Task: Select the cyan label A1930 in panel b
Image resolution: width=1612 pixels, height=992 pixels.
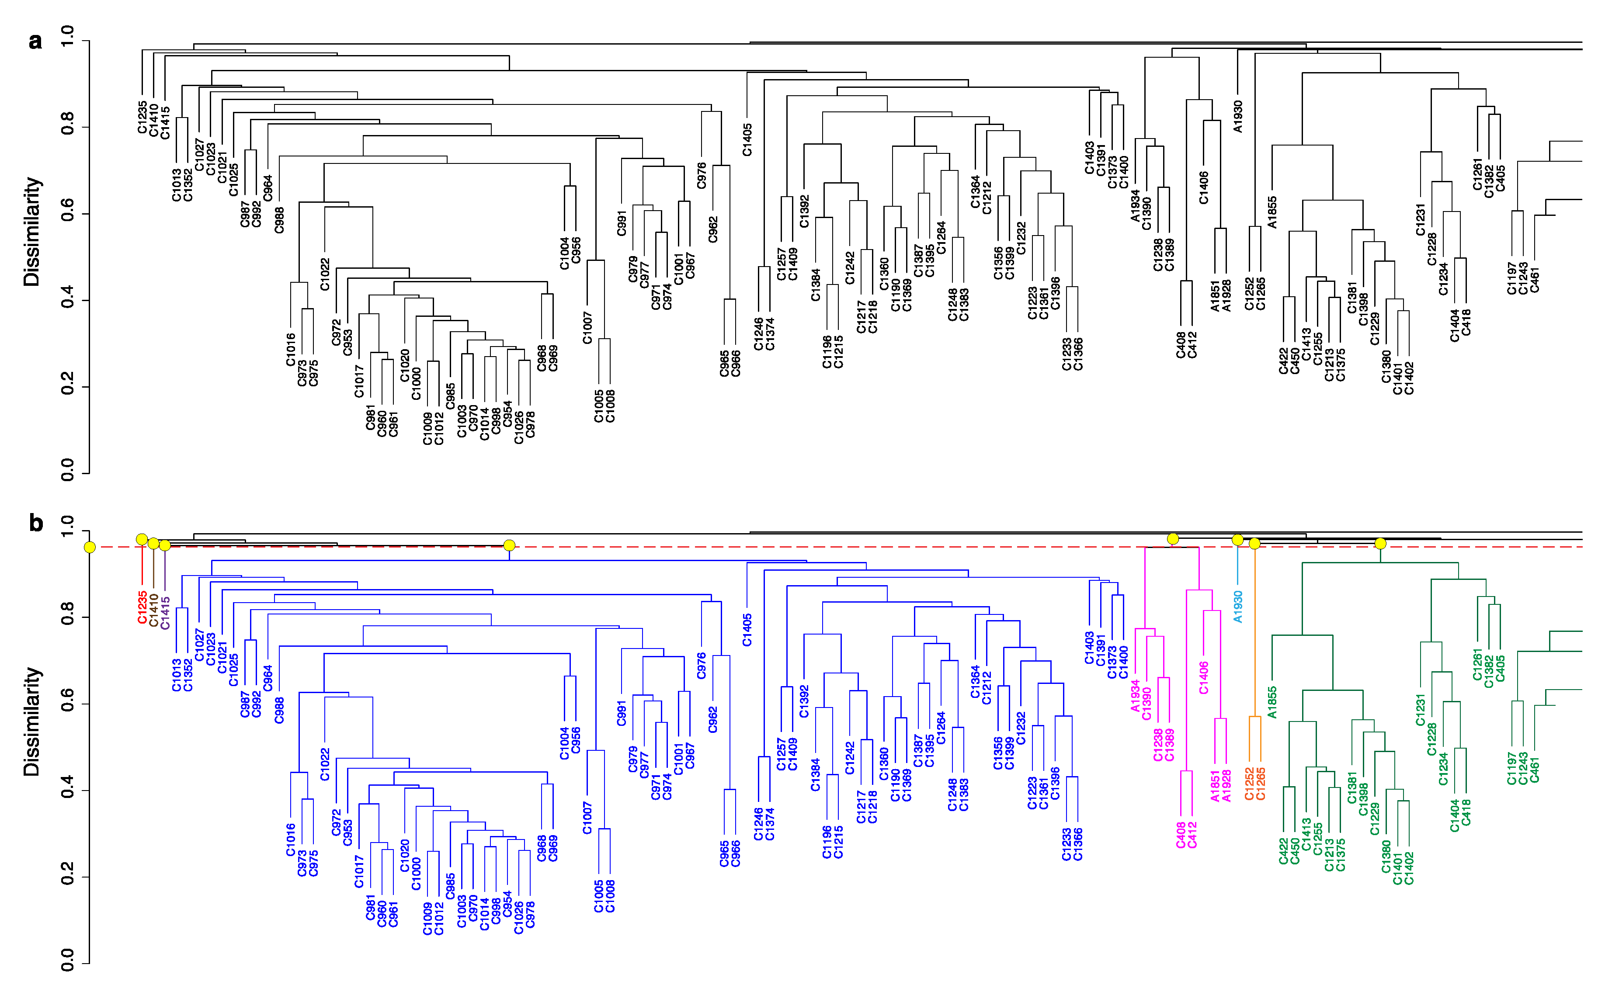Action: [x=1237, y=607]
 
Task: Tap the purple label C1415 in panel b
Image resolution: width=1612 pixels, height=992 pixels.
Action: [x=165, y=613]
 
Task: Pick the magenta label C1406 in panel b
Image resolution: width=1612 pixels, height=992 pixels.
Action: [x=1203, y=678]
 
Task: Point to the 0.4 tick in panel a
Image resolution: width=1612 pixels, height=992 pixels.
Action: [x=68, y=301]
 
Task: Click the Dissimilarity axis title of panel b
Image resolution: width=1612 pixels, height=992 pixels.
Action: [x=31, y=721]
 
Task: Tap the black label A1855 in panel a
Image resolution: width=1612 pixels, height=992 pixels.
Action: [x=1272, y=212]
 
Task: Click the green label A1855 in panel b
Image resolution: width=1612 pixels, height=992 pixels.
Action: [x=1272, y=702]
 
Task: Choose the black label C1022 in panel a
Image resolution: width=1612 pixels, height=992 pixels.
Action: [x=325, y=274]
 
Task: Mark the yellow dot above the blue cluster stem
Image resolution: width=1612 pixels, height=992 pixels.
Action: [x=509, y=545]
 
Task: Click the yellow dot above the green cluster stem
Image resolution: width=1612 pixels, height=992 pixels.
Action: [x=1380, y=543]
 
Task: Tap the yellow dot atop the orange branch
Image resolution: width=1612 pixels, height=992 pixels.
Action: [x=1254, y=543]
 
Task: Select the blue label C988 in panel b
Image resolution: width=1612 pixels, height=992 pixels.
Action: [x=279, y=711]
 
